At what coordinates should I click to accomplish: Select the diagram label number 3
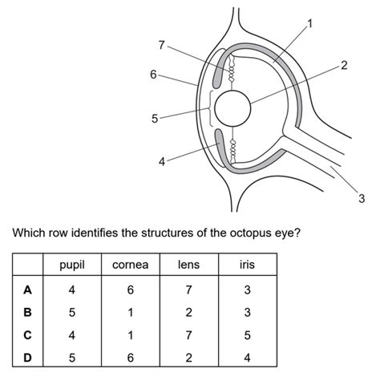362,199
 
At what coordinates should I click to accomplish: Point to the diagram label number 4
162,161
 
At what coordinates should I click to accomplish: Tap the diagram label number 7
162,46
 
